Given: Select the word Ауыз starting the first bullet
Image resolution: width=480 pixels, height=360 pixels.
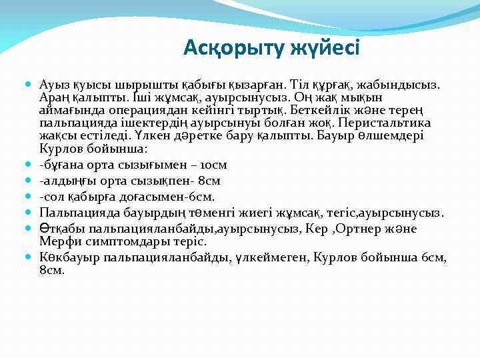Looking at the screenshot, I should (x=53, y=85).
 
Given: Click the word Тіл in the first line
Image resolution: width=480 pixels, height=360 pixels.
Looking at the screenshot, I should (x=297, y=85).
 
